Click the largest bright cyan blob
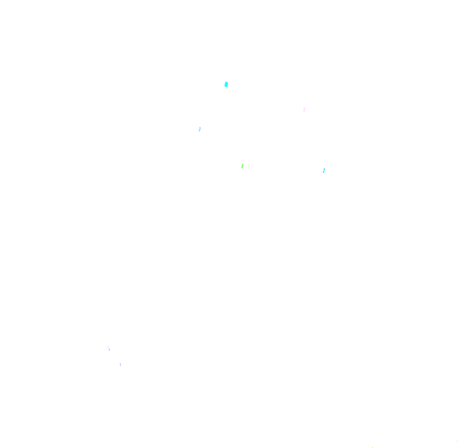[226, 84]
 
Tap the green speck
[242, 166]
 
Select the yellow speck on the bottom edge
[372, 447]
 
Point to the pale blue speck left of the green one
[199, 129]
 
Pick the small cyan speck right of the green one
[324, 170]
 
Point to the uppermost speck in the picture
[226, 84]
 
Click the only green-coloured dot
[242, 166]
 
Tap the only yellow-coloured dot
[372, 447]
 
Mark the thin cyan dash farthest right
[324, 170]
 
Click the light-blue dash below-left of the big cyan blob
[199, 129]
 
